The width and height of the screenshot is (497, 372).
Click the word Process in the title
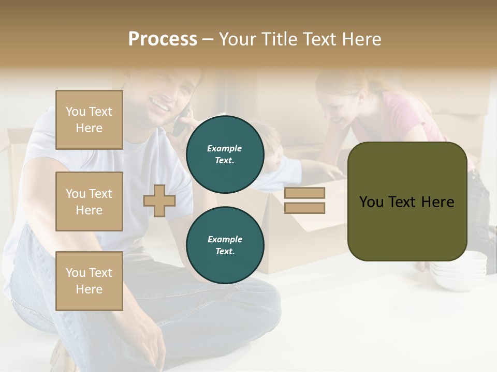click(163, 39)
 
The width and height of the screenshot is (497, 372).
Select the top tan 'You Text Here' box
click(89, 120)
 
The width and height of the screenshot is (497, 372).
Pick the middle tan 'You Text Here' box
click(89, 202)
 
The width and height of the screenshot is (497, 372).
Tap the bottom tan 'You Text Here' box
click(89, 281)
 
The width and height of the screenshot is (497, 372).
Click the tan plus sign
click(159, 200)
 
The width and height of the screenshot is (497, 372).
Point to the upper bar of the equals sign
click(304, 193)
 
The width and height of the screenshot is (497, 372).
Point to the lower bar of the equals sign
click(304, 208)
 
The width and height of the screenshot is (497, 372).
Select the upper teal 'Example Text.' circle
click(225, 154)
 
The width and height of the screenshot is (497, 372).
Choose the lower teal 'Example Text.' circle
click(225, 245)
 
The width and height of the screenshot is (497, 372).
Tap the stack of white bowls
click(458, 269)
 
